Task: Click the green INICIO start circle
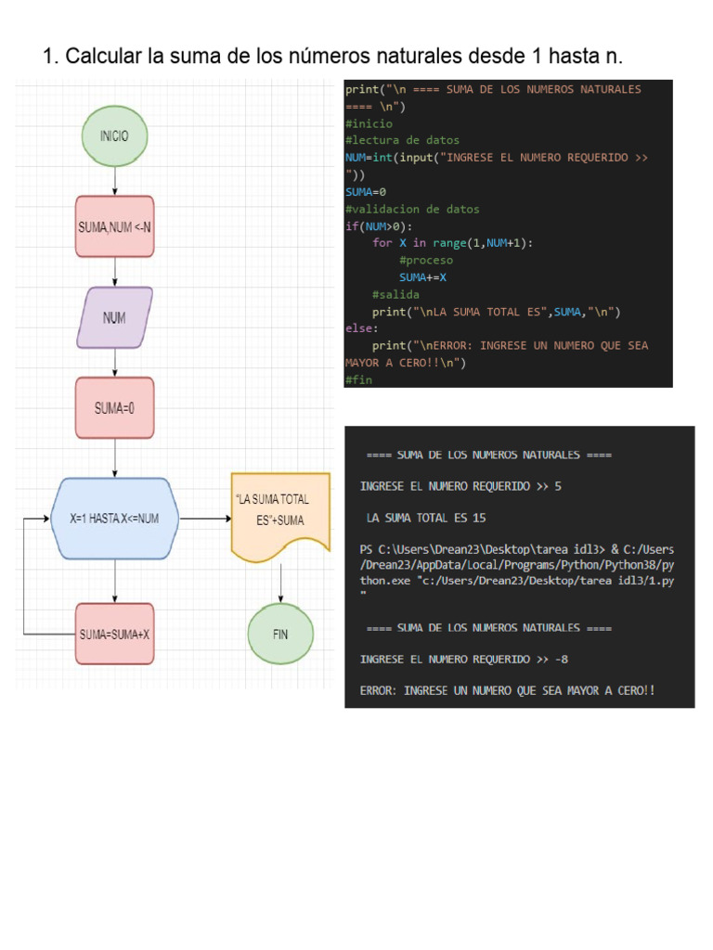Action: [114, 135]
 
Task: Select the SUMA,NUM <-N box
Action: [114, 225]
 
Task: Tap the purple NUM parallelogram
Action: [114, 317]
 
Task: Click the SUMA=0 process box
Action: [114, 407]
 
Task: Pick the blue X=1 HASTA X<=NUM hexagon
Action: [114, 519]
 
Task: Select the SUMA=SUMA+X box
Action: [114, 635]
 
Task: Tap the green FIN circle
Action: [280, 635]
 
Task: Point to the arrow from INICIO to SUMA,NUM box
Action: [114, 181]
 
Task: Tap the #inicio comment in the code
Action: [369, 123]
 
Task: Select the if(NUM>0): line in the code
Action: [378, 226]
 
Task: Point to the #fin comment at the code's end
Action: [357, 379]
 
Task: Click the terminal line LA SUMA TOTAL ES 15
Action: [426, 518]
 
